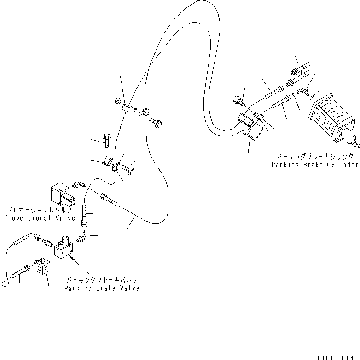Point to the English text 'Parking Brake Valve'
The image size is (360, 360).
pyautogui.click(x=102, y=288)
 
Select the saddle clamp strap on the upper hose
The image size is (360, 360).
pyautogui.click(x=129, y=108)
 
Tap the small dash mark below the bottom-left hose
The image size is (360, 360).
pyautogui.click(x=19, y=301)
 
